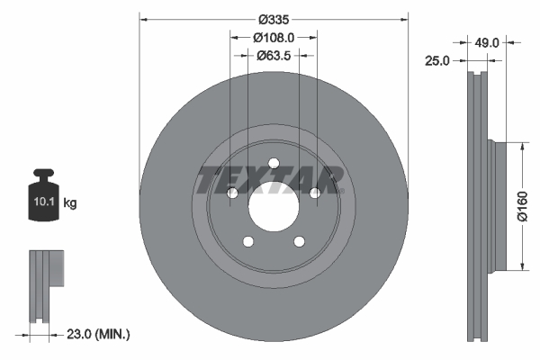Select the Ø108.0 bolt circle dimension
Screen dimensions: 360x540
pos(274,37)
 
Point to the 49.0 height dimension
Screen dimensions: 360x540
pos(486,40)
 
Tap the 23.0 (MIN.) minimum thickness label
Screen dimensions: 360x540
pos(98,334)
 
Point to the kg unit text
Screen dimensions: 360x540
pos(70,203)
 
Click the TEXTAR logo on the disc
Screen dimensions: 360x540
pos(271,179)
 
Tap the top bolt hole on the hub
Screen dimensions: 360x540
pos(273,163)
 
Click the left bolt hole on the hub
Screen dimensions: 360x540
pos(230,193)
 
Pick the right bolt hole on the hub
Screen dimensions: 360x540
pos(315,193)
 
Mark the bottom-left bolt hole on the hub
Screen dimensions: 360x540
pos(247,242)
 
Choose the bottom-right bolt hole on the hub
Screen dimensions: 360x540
pos(299,242)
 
